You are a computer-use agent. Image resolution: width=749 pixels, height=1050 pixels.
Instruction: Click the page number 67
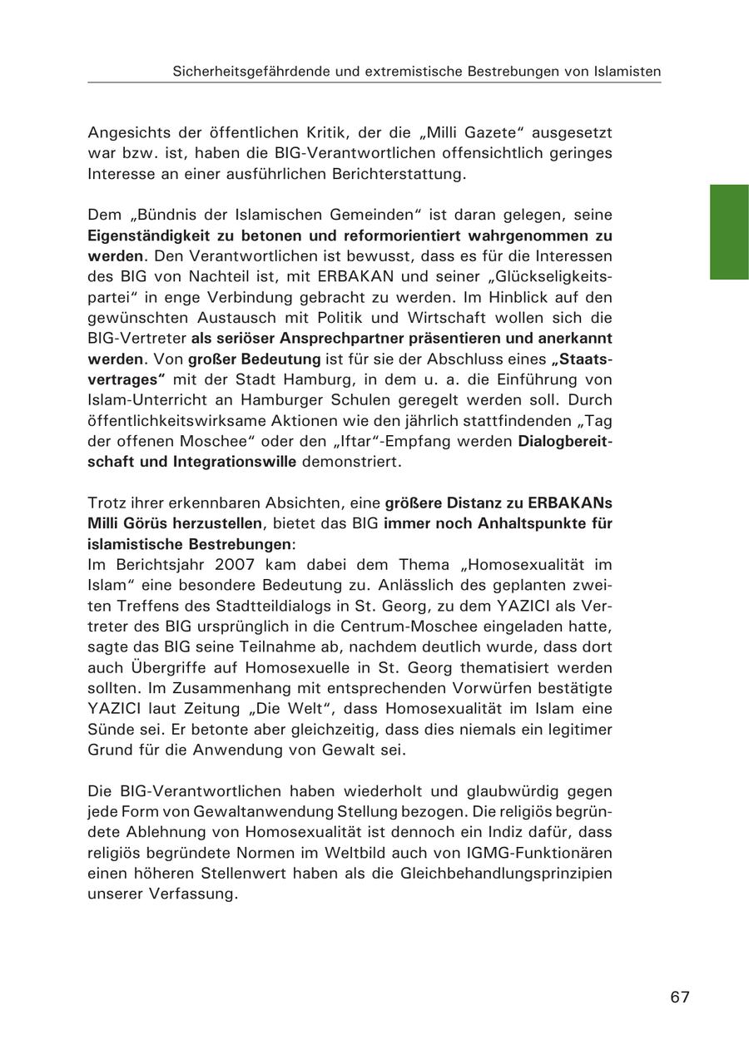pos(680,997)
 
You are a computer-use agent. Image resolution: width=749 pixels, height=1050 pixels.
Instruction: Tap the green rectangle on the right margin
pos(729,232)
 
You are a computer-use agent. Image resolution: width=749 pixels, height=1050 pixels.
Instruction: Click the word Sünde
pos(109,729)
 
